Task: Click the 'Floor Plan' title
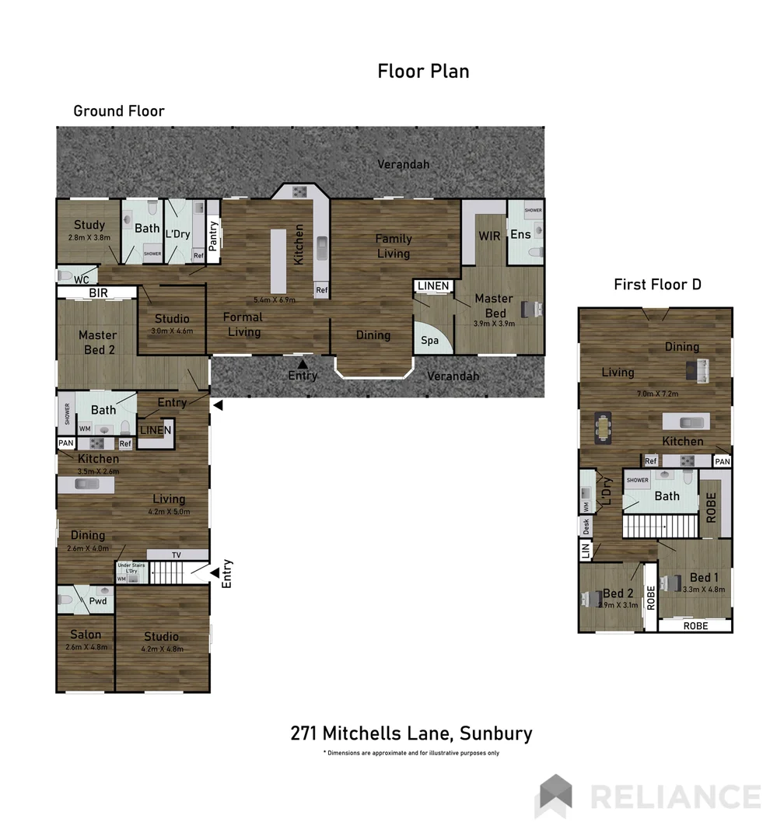[423, 72]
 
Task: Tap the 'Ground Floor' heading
[119, 111]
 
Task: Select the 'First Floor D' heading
[657, 285]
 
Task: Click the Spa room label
[429, 340]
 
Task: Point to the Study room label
[89, 226]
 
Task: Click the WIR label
[488, 236]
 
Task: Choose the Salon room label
[86, 635]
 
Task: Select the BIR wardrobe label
[98, 293]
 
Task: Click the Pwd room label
[98, 600]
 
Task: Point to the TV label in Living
[177, 555]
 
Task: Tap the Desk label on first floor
[586, 527]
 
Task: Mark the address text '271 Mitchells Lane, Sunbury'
[411, 733]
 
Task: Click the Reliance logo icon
[555, 796]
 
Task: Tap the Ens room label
[520, 234]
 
